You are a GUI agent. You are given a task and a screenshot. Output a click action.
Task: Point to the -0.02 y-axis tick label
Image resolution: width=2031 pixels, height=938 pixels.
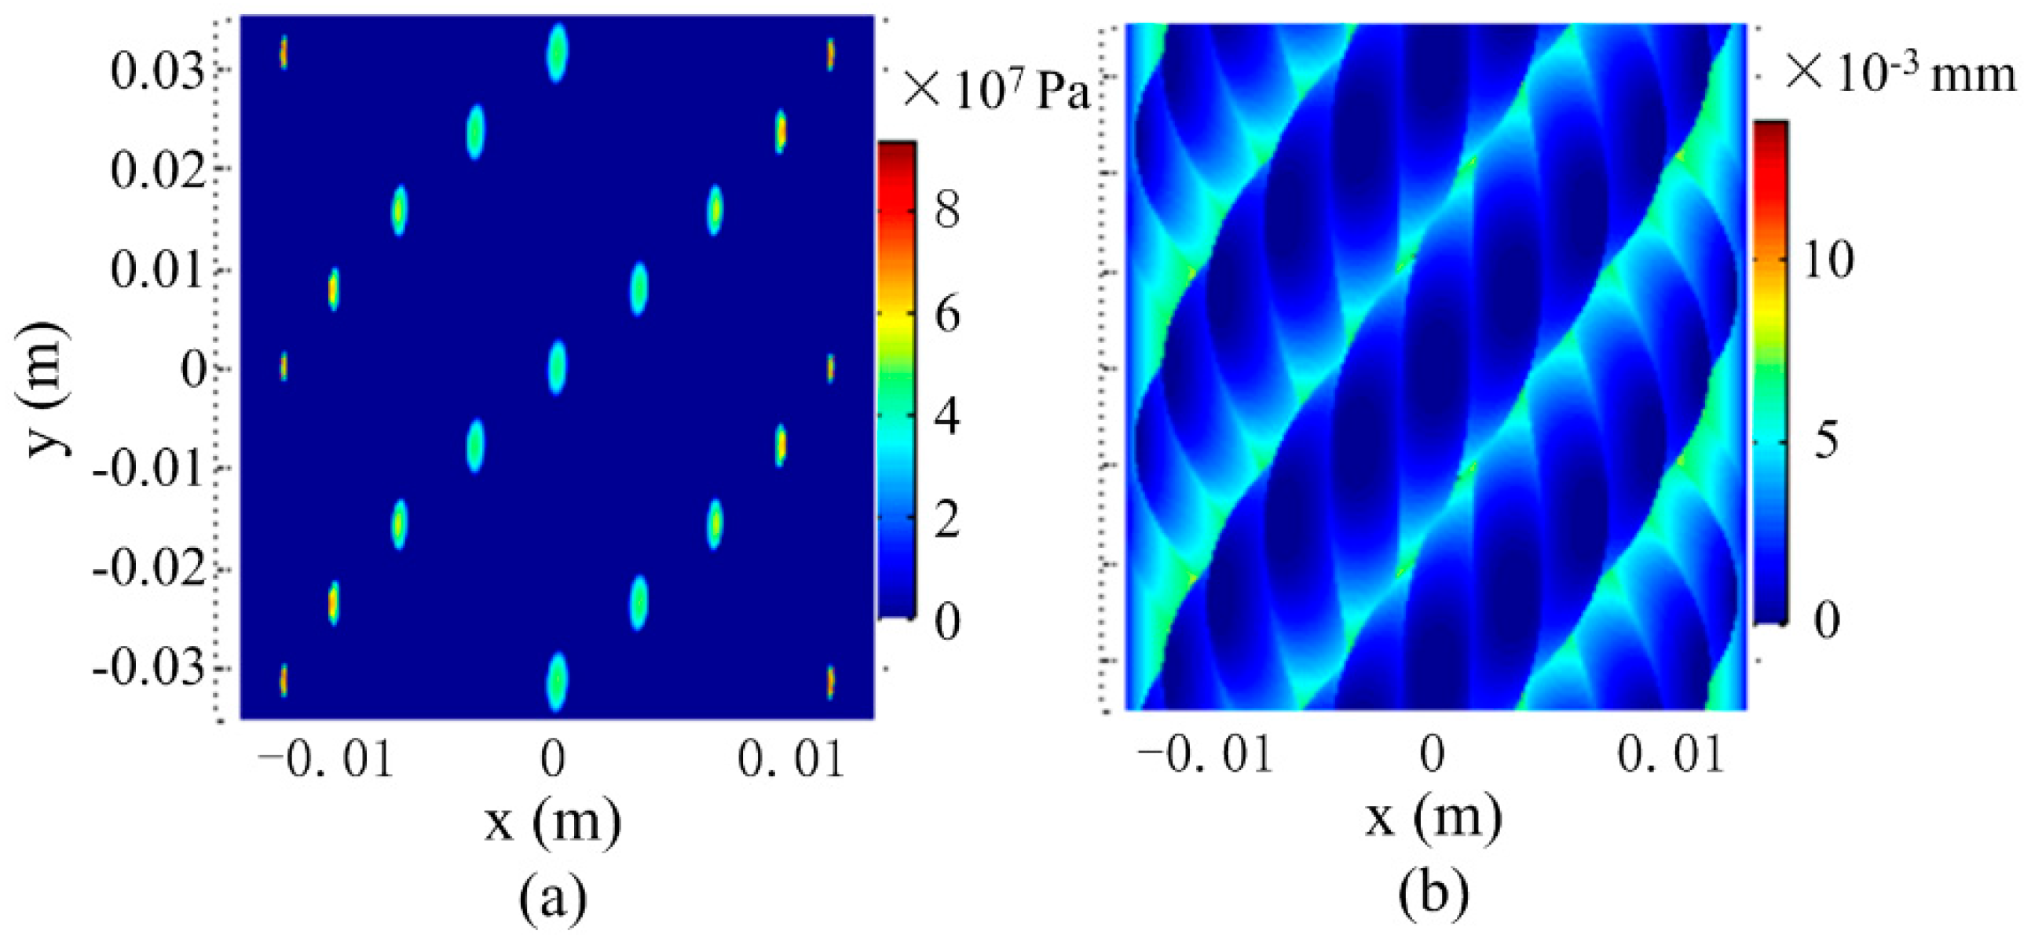[150, 569]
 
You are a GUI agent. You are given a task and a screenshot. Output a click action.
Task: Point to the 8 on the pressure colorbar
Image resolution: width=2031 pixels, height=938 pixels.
[947, 210]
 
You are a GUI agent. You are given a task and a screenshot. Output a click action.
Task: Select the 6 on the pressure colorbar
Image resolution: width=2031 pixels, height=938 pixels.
[947, 314]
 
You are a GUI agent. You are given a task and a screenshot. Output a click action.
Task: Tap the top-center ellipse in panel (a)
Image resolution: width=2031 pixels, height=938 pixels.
[557, 53]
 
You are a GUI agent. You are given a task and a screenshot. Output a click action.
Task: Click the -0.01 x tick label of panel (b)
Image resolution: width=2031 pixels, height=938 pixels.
[1206, 755]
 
